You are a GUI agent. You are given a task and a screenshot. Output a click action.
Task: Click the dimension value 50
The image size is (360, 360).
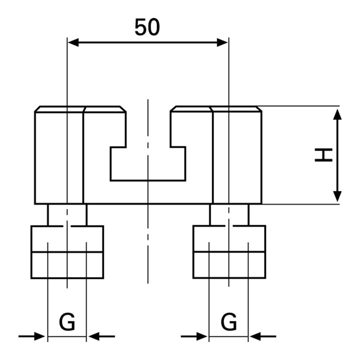click(x=147, y=27)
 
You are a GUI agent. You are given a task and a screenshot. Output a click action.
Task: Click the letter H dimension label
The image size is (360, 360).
click(x=323, y=155)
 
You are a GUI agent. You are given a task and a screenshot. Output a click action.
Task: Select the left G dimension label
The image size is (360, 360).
click(x=67, y=321)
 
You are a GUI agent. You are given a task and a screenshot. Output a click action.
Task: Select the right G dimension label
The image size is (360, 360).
click(x=228, y=321)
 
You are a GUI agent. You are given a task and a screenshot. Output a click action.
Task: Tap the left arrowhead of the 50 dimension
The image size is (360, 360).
click(x=73, y=42)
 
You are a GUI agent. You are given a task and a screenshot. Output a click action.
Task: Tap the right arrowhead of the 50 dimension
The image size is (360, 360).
click(x=222, y=42)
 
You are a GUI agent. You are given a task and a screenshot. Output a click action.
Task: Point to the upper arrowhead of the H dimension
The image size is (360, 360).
click(x=337, y=114)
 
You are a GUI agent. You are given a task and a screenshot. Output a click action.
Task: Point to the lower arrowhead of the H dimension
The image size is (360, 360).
click(x=337, y=196)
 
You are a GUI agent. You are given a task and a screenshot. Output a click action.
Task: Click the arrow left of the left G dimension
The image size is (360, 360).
click(x=31, y=336)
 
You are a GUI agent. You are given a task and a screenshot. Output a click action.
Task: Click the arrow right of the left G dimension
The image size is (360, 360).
click(x=101, y=336)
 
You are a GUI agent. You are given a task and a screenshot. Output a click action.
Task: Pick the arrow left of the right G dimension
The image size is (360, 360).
click(x=194, y=336)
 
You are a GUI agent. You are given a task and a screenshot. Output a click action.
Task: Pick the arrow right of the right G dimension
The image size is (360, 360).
click(x=263, y=336)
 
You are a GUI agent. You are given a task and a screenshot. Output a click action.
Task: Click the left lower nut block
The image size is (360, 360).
click(x=67, y=252)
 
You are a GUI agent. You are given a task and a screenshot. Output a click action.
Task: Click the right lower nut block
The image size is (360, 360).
click(x=229, y=252)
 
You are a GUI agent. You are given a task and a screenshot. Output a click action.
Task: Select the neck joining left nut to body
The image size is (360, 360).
click(x=67, y=214)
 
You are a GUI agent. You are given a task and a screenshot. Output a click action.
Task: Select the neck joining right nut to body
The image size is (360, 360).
click(x=229, y=214)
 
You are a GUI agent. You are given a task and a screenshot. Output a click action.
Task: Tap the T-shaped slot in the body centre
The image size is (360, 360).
click(x=148, y=163)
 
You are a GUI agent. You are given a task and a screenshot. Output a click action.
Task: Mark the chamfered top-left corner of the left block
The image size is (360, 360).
click(x=37, y=109)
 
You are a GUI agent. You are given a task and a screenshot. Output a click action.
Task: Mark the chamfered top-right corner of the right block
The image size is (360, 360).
click(x=259, y=108)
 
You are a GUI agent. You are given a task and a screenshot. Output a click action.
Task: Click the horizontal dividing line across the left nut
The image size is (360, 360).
click(x=67, y=252)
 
